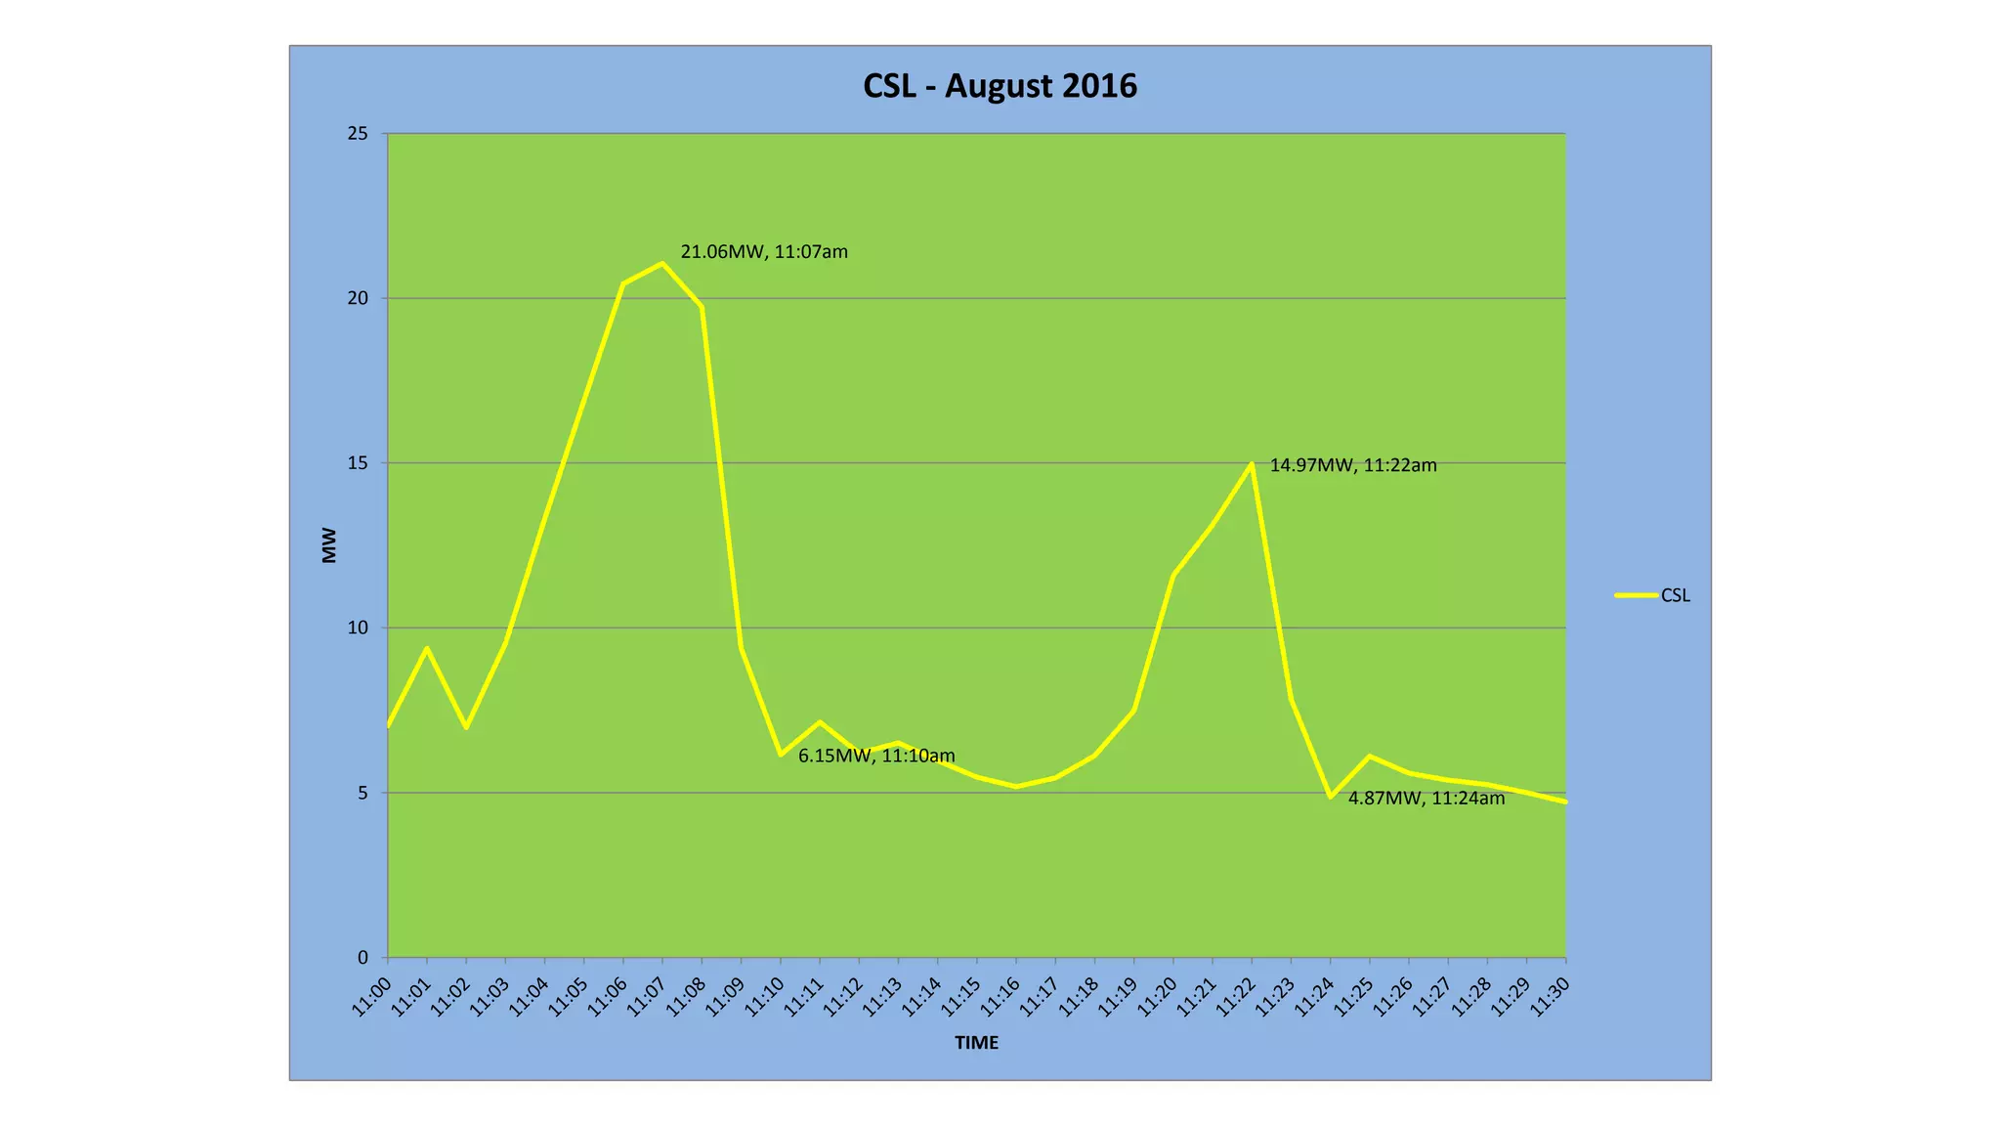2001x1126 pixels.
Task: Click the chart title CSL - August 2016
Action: pyautogui.click(x=1000, y=86)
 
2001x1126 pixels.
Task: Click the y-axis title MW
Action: pyautogui.click(x=329, y=545)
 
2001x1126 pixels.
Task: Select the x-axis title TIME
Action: pyautogui.click(x=976, y=1043)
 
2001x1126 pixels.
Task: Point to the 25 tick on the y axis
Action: pyautogui.click(x=358, y=134)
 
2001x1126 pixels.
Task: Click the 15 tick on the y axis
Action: pyautogui.click(x=358, y=463)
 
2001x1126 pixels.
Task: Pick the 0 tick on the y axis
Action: pyautogui.click(x=362, y=958)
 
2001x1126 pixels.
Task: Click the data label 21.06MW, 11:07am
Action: pyautogui.click(x=764, y=252)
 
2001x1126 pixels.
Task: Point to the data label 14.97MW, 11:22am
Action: pyautogui.click(x=1353, y=465)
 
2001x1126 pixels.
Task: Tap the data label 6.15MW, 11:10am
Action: pyautogui.click(x=876, y=756)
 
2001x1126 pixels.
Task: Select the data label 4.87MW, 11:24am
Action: pyautogui.click(x=1426, y=799)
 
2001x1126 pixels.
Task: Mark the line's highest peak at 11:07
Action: pyautogui.click(x=662, y=263)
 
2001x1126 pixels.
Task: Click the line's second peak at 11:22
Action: pyautogui.click(x=1252, y=463)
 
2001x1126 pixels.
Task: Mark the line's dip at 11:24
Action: pyautogui.click(x=1331, y=797)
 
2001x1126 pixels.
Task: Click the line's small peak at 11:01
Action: pyautogui.click(x=427, y=648)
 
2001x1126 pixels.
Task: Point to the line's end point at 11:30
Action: pyautogui.click(x=1565, y=801)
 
